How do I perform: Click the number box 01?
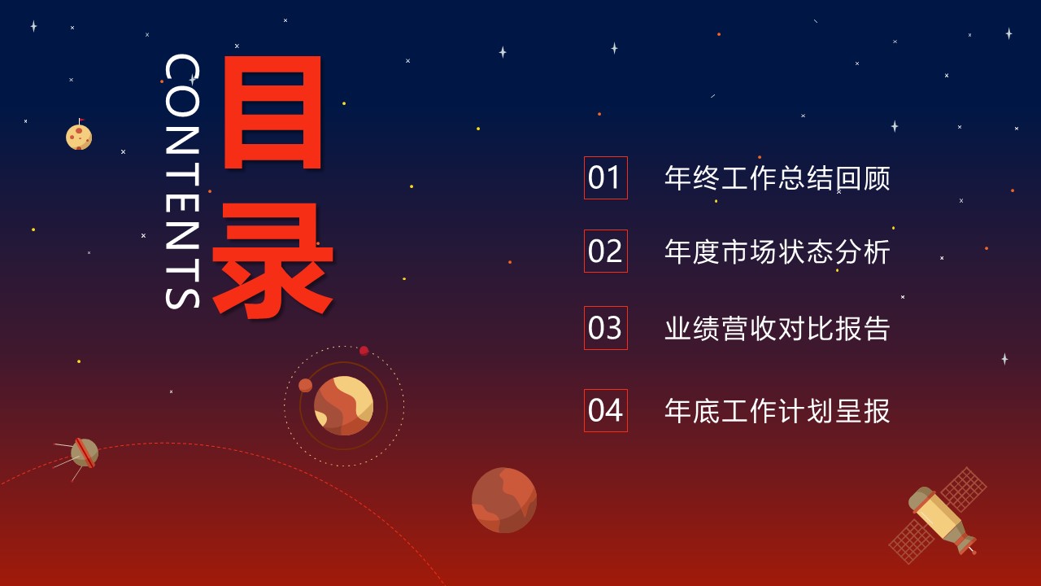605,177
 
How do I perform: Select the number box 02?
605,251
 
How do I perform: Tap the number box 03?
605,328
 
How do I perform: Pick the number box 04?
605,410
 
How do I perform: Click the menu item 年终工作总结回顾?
777,178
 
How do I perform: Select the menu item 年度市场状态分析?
777,251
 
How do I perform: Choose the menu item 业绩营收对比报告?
777,328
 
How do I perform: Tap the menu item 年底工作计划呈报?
777,410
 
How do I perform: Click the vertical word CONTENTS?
181,181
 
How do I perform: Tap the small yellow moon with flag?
79,137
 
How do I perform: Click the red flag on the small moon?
81,121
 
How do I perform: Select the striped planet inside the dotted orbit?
343,405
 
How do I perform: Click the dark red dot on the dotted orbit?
364,351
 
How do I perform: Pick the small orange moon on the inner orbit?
305,385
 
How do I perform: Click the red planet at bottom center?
504,500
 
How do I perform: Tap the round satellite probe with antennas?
84,453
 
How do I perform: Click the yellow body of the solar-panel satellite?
940,514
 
